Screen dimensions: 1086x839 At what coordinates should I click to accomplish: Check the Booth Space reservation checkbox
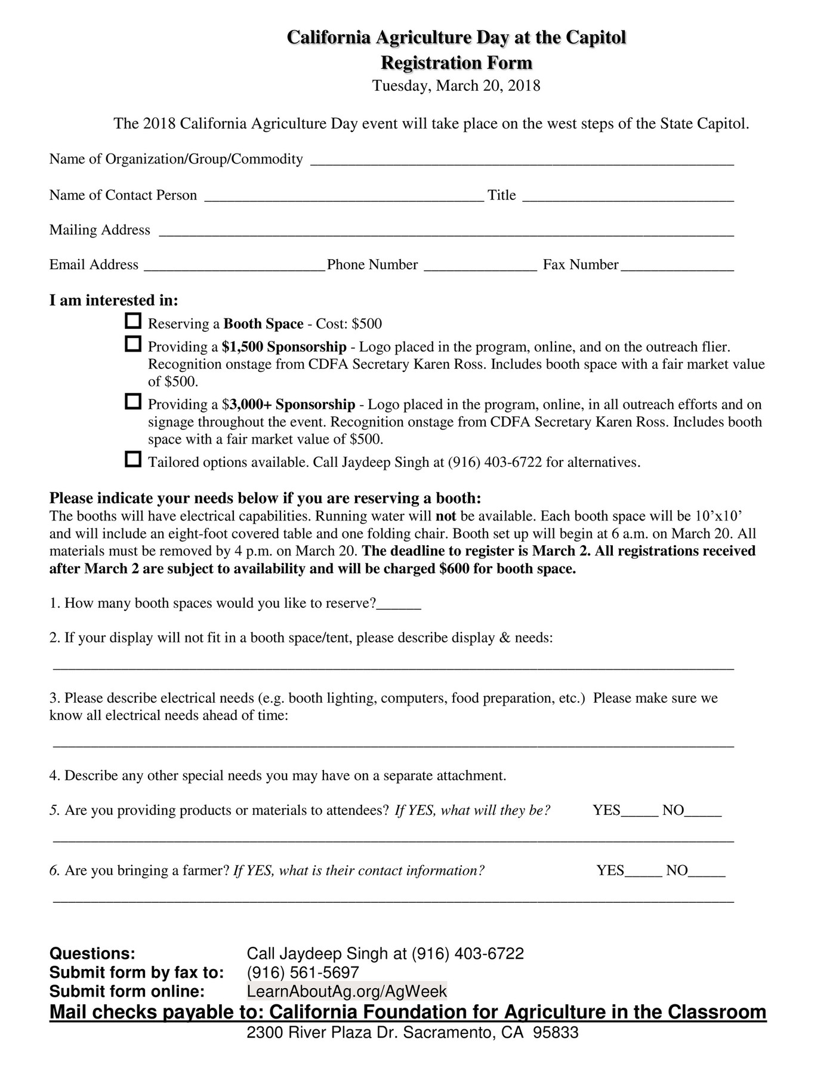tap(133, 321)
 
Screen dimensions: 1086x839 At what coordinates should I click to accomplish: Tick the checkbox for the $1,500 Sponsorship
tap(133, 344)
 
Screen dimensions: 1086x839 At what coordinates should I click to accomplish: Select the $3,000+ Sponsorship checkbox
tap(133, 402)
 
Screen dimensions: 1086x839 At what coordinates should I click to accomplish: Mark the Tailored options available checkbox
tap(133, 460)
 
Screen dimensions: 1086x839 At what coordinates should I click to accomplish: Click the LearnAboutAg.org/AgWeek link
tap(347, 991)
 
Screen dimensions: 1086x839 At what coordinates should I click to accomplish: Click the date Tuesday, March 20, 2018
tap(456, 86)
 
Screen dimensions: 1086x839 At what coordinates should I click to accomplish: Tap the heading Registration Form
tap(456, 63)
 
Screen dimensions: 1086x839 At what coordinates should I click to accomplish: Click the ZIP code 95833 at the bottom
tap(556, 1033)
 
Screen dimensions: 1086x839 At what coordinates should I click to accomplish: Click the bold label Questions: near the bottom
tap(92, 953)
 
